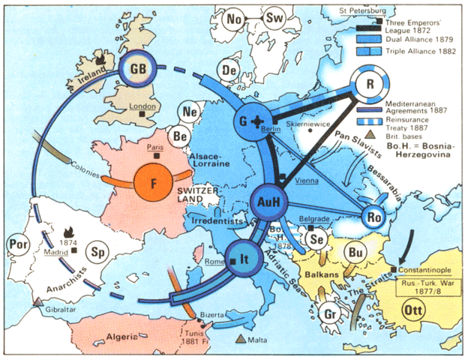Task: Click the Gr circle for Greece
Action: [x=330, y=314]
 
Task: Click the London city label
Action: [x=142, y=106]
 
